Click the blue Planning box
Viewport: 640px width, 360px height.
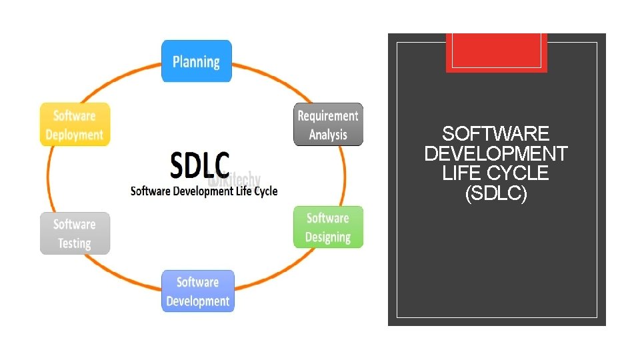196,61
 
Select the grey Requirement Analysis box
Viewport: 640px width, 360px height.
328,124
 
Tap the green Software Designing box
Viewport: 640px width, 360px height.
328,227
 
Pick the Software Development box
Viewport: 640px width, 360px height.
197,291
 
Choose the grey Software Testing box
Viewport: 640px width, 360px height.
75,233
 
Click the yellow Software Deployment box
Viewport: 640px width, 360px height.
75,125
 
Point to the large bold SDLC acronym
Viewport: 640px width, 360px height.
200,165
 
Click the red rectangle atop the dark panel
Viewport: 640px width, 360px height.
496,52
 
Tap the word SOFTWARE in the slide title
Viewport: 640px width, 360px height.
496,134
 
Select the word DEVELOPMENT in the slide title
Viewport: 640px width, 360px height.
496,154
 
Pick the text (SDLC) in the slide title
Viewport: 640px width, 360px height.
496,194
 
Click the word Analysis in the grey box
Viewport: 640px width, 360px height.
328,135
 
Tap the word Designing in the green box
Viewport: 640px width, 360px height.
328,237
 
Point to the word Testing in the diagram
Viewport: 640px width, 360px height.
75,243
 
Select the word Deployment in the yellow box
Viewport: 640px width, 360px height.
75,135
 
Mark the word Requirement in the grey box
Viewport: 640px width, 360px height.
328,116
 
